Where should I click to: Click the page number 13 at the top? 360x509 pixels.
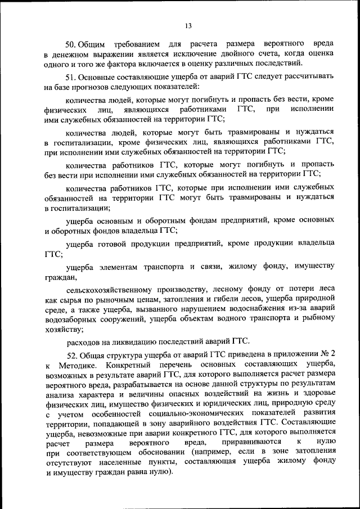pyautogui.click(x=188, y=25)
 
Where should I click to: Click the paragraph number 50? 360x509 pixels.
pyautogui.click(x=71, y=43)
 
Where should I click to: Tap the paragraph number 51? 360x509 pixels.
pyautogui.click(x=71, y=76)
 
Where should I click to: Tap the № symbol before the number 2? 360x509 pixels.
pyautogui.click(x=323, y=355)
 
